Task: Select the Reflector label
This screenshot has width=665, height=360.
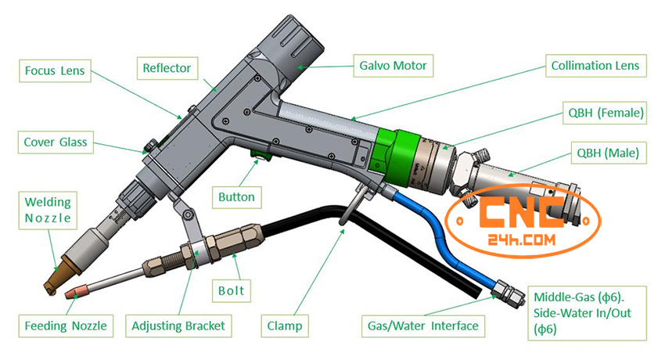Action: coord(167,68)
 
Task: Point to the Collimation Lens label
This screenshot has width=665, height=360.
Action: coord(595,66)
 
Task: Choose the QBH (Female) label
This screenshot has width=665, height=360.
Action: coord(607,114)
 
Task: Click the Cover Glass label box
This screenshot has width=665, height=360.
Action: coord(56,142)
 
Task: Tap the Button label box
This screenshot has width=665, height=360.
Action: coord(236,196)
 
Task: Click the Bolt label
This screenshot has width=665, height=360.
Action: coord(232,291)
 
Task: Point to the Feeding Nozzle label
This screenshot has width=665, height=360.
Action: coord(64,324)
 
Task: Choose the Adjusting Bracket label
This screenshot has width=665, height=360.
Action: coord(178,324)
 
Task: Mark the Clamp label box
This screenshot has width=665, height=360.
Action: coord(285,324)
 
